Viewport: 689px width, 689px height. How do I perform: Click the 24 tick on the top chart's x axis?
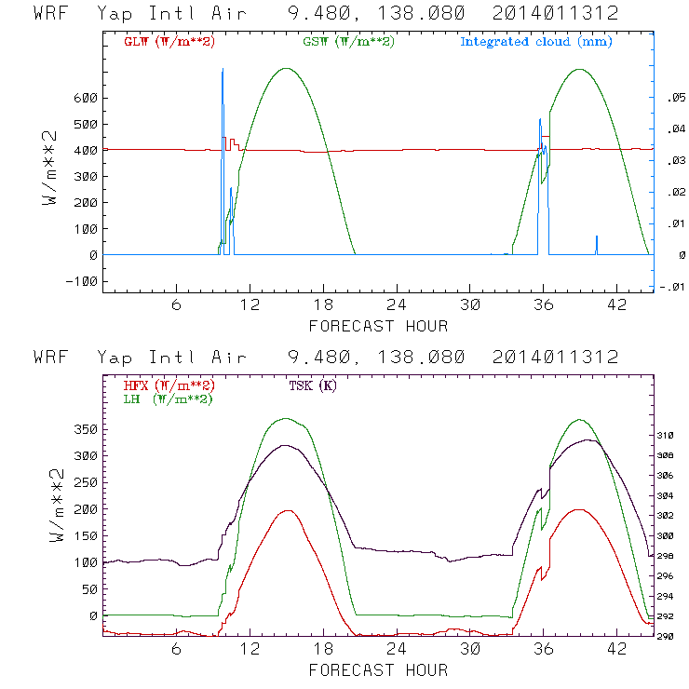(x=397, y=305)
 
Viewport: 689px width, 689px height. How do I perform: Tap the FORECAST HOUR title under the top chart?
(x=378, y=326)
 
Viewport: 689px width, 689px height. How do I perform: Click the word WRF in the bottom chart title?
(x=50, y=357)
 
